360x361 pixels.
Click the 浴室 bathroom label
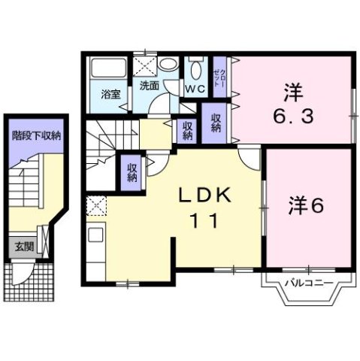pos(111,96)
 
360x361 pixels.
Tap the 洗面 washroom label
pos(149,86)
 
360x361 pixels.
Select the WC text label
pos(195,89)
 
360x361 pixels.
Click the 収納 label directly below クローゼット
pos(216,123)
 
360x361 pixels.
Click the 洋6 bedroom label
pos(307,205)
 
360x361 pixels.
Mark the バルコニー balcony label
pos(309,284)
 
